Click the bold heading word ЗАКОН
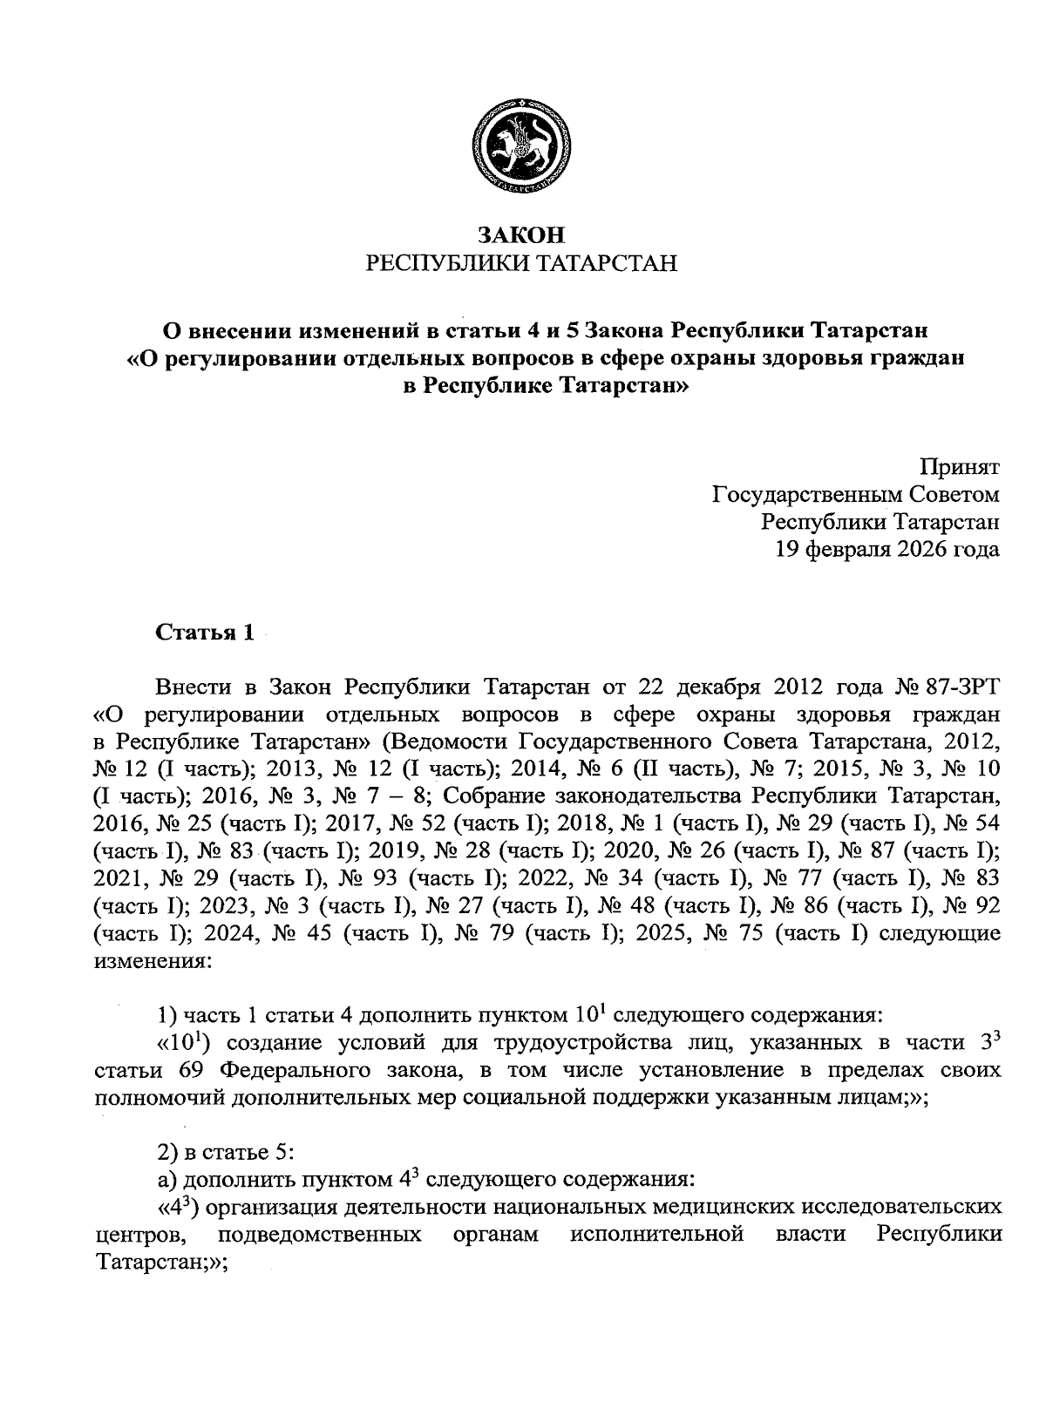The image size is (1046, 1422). coord(521,234)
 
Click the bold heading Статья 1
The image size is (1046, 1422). coord(205,633)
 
